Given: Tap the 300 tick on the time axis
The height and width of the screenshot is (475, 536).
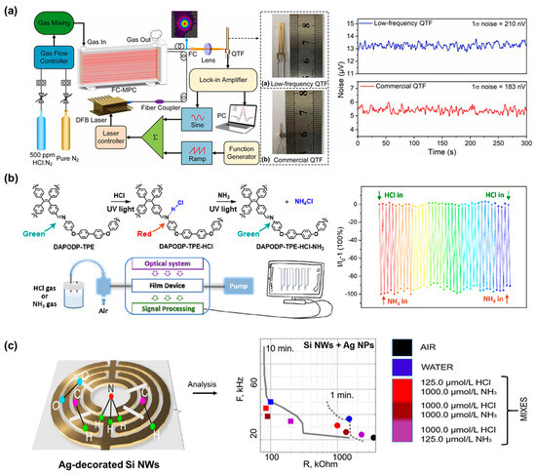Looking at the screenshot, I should (x=524, y=143).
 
